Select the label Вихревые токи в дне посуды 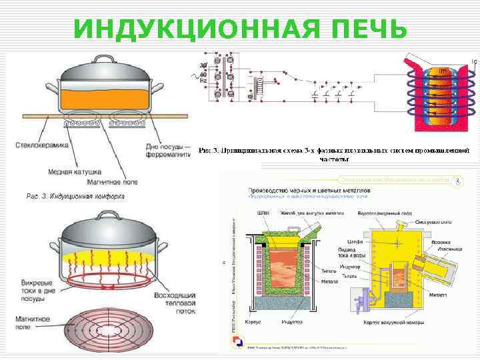[x=30, y=291]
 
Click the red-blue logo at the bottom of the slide [x=237, y=341]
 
